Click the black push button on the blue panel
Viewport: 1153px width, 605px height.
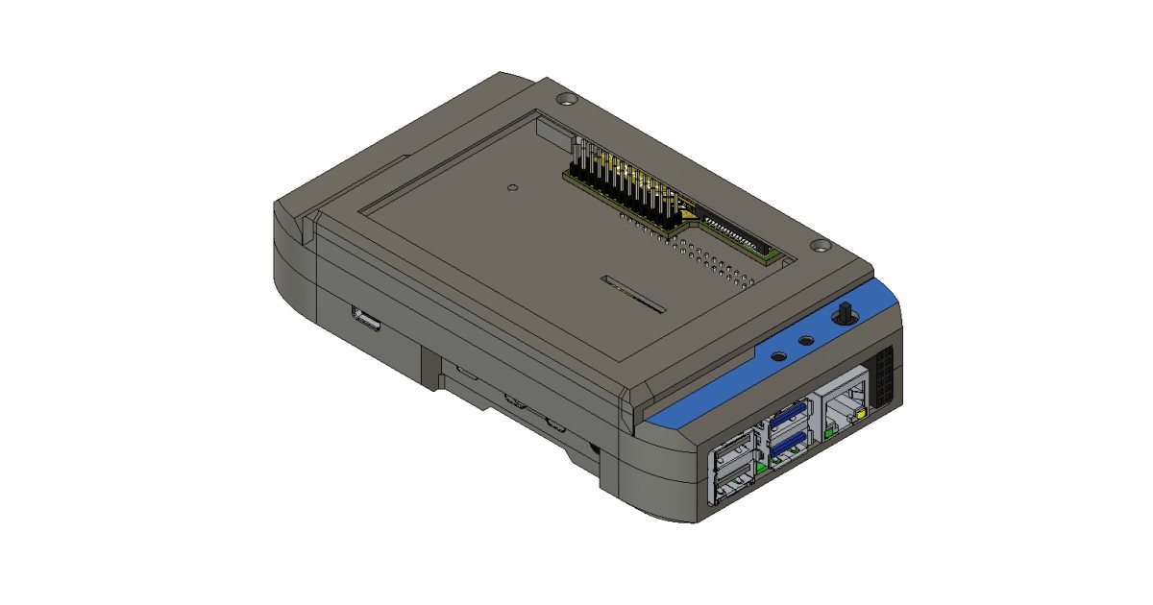coord(844,314)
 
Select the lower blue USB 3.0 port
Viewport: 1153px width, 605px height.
coord(788,443)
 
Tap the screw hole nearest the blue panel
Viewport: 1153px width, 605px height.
coord(819,246)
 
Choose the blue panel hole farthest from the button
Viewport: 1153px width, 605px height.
coord(779,355)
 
